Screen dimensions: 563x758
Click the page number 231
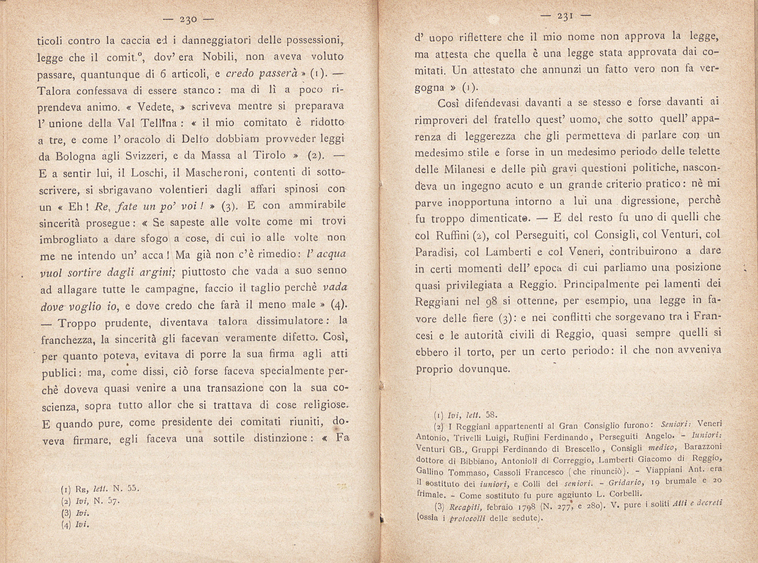(565, 16)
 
